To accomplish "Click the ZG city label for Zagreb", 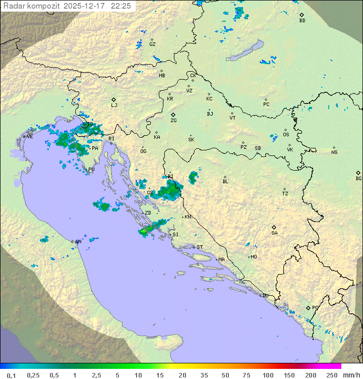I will (x=173, y=121).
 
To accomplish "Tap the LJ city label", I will (x=114, y=105).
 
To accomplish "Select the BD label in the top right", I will (x=302, y=21).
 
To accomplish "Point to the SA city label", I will (x=274, y=233).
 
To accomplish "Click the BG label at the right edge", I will (x=358, y=178).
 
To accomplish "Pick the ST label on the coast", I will (x=200, y=247).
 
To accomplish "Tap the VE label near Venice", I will (x=30, y=136).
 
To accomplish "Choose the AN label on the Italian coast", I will (x=78, y=242).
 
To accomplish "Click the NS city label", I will (x=334, y=152).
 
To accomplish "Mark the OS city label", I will (x=286, y=135).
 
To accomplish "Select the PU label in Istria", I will (x=91, y=170).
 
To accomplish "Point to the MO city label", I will (x=254, y=256).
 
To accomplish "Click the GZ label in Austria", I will (x=152, y=44).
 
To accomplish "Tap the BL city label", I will (x=225, y=181).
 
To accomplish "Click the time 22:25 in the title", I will (x=122, y=6).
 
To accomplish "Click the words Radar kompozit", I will (x=32, y=6).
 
